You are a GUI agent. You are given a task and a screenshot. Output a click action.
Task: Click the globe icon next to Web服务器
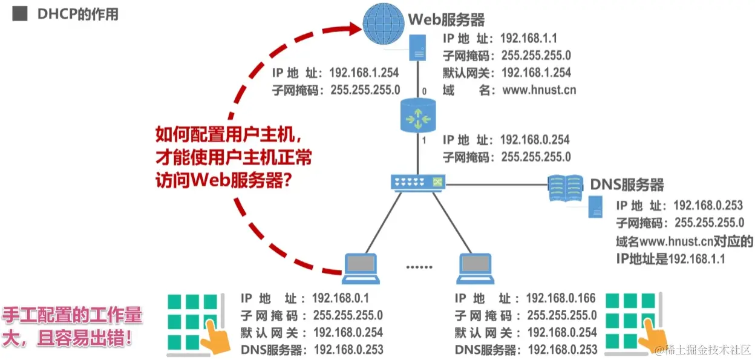click(383, 24)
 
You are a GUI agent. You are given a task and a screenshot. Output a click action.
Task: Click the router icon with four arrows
click(418, 116)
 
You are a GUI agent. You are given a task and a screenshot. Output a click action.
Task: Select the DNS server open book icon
click(566, 188)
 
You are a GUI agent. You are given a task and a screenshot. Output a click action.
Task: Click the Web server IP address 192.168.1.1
click(529, 38)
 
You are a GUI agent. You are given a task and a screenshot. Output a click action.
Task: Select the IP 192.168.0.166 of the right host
click(561, 298)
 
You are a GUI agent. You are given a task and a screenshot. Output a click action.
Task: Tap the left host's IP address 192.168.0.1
click(341, 298)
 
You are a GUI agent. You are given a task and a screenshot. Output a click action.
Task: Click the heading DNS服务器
click(627, 185)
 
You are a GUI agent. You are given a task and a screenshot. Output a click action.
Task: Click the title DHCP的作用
click(78, 15)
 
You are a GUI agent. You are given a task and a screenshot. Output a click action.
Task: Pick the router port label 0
click(424, 91)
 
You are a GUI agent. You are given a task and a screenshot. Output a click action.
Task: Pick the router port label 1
click(424, 141)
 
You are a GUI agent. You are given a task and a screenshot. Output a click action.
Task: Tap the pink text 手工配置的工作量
click(73, 316)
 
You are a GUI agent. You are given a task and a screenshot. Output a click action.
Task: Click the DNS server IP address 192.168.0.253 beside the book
click(708, 206)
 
